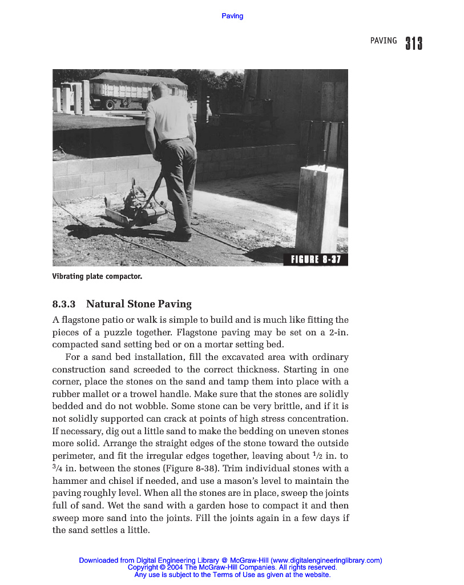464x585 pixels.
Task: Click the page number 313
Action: tap(414, 43)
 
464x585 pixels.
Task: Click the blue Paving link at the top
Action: tap(232, 16)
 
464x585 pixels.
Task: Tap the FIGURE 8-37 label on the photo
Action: tap(316, 259)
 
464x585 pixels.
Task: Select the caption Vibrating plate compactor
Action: tap(97, 277)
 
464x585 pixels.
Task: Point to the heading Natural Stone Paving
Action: tap(139, 304)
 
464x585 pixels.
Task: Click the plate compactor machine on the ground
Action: tap(136, 207)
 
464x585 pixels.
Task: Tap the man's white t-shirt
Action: tap(169, 118)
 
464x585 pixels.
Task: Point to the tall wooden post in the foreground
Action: tap(319, 209)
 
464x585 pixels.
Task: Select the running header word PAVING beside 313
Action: tap(383, 41)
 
